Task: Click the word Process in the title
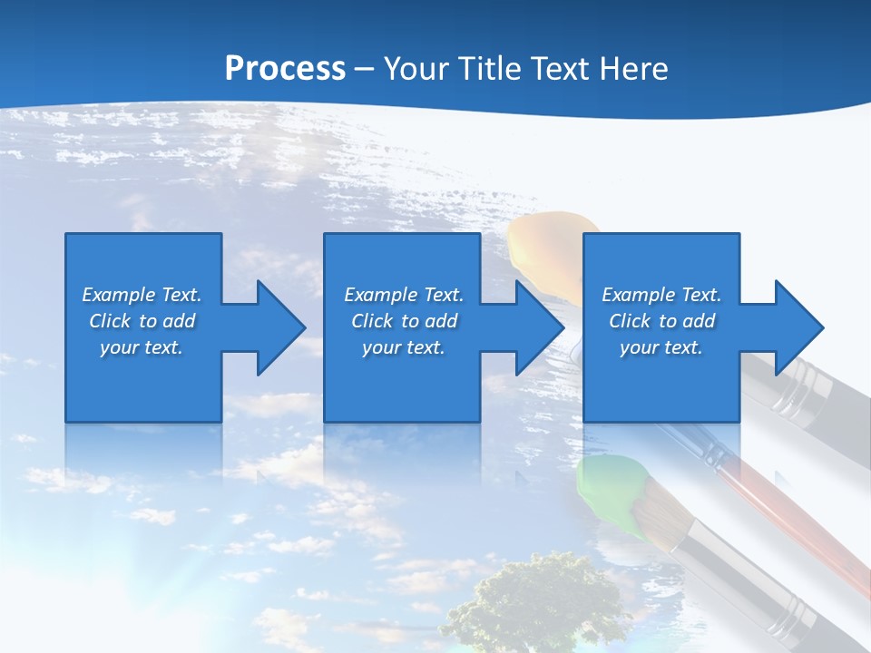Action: coord(285,69)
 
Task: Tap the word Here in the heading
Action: coord(632,69)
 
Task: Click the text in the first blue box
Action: coord(142,321)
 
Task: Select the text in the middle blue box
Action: coord(403,321)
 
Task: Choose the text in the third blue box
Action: coord(661,321)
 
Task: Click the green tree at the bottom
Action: coord(535,603)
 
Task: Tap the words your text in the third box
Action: coord(661,347)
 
